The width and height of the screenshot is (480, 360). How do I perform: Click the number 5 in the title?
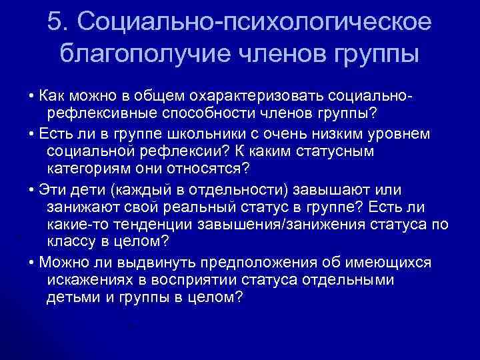click(x=55, y=21)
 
